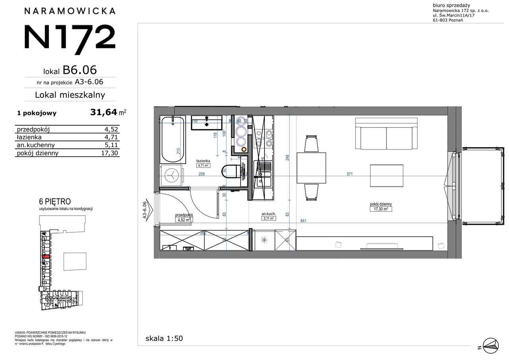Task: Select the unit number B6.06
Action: click(80, 70)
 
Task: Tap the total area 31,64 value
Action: click(104, 113)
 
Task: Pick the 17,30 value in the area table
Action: click(110, 153)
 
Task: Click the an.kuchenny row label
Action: click(36, 145)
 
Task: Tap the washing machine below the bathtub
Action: click(172, 175)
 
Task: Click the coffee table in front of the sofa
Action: click(387, 175)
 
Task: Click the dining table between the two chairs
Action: click(311, 168)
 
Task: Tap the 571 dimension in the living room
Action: click(350, 174)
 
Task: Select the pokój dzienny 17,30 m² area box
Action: click(381, 206)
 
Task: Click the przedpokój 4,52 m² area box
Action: click(184, 217)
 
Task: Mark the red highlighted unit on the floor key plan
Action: click(46, 257)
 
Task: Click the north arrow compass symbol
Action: click(490, 344)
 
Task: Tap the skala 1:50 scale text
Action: click(164, 339)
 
